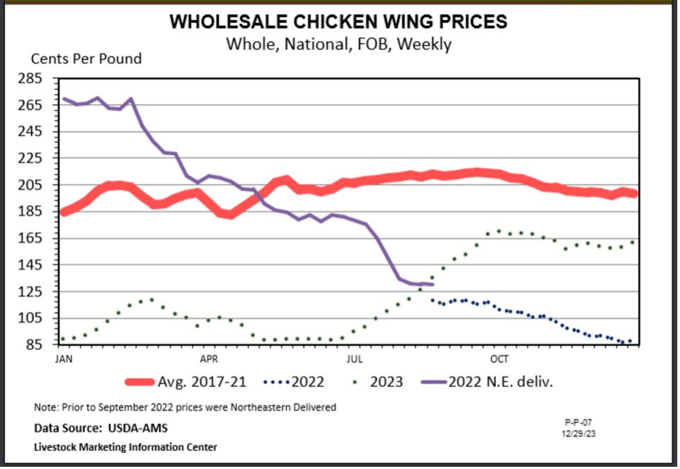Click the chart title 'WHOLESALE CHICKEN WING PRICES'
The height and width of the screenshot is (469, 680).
338,22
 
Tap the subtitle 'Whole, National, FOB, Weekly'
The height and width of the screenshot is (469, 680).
338,44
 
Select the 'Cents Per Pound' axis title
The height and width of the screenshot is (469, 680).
86,58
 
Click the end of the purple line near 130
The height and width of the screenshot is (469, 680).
432,284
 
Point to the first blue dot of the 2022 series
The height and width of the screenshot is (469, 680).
433,300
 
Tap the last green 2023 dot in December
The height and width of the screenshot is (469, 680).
632,242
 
